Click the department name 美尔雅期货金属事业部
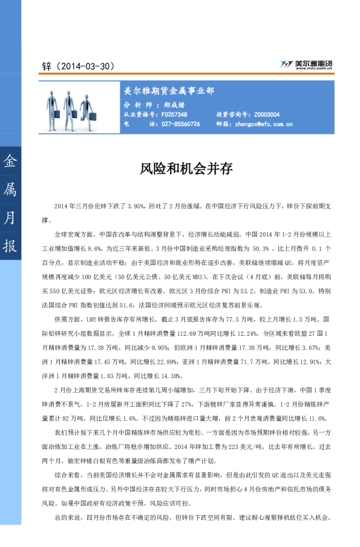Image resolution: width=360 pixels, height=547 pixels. click(x=169, y=91)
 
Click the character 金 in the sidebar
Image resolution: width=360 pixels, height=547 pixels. click(x=10, y=162)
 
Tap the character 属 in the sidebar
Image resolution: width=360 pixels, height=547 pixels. click(x=10, y=190)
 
